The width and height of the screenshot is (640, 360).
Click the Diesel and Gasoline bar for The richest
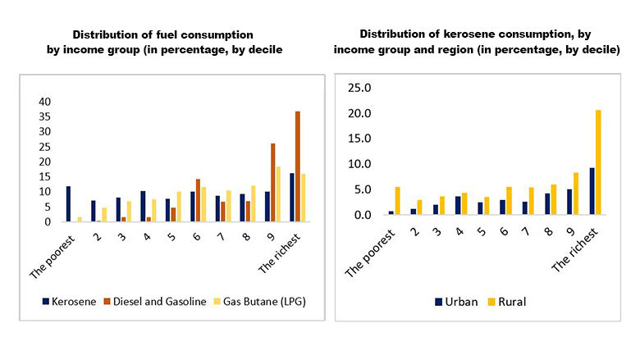point(298,166)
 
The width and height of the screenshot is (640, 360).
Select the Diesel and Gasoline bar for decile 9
point(273,182)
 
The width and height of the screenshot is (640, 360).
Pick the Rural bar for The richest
point(598,162)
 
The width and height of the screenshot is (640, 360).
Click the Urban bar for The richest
point(592,191)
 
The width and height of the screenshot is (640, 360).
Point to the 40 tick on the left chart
point(44,102)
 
